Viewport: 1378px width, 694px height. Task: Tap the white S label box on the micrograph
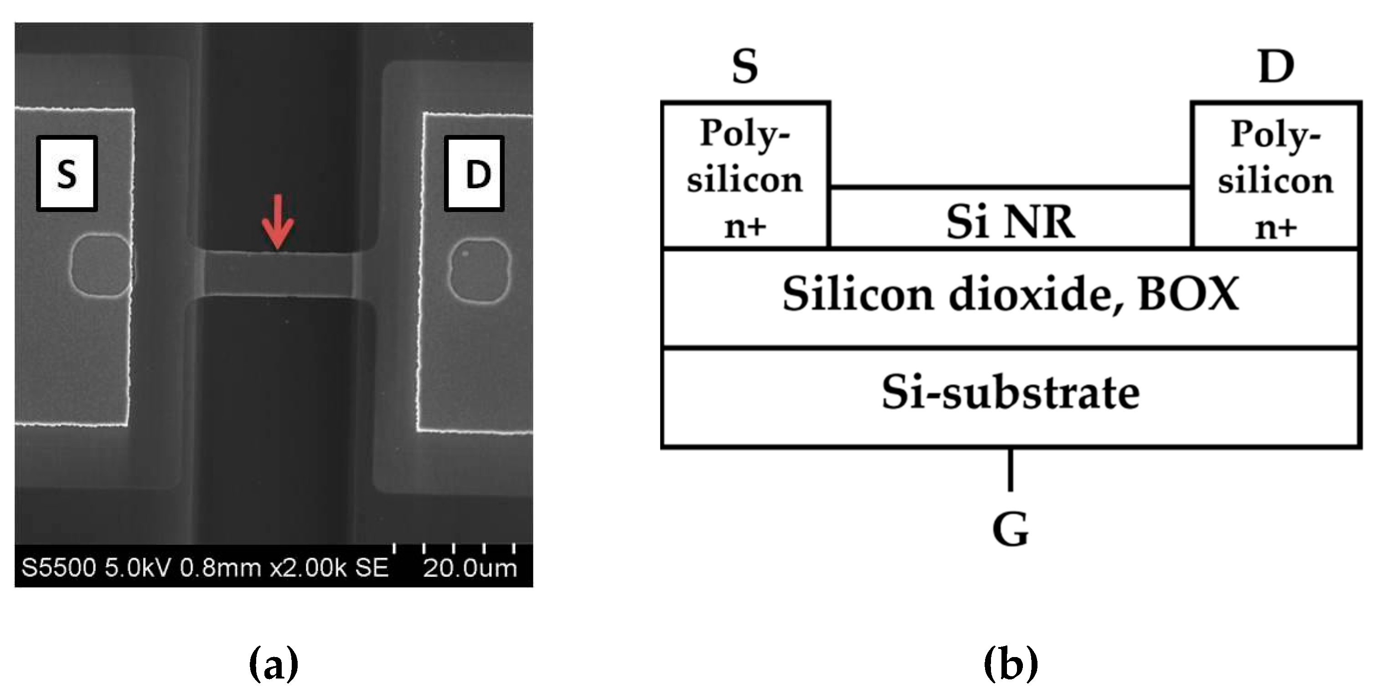[67, 173]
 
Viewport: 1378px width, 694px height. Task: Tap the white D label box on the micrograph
[475, 173]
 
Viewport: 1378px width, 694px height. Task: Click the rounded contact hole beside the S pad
[101, 265]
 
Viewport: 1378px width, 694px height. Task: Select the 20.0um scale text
[470, 568]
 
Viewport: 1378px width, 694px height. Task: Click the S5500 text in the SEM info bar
[58, 568]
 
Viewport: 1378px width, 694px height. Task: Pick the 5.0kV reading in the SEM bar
[139, 568]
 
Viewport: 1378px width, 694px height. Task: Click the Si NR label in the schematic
[1010, 222]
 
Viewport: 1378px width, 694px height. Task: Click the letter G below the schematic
[1010, 530]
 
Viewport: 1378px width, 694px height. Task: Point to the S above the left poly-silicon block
[745, 67]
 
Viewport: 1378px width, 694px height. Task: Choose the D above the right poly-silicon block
[1276, 67]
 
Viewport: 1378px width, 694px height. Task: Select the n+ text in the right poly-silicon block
[1276, 228]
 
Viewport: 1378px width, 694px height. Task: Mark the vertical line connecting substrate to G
[1010, 469]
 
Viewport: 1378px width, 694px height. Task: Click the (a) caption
[274, 663]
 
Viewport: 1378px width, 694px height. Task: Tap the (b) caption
[1011, 663]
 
